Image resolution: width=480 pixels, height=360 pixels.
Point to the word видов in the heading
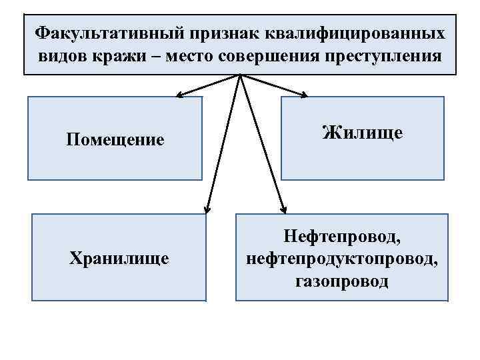point(61,55)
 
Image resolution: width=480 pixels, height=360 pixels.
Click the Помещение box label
point(115,140)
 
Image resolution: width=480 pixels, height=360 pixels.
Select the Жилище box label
point(362,133)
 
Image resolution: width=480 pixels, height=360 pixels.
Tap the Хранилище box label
point(119,257)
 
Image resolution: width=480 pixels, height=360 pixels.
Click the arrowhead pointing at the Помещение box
point(179,95)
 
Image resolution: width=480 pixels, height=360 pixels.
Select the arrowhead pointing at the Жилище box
point(303,95)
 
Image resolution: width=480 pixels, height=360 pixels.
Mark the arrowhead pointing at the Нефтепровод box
point(283,209)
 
